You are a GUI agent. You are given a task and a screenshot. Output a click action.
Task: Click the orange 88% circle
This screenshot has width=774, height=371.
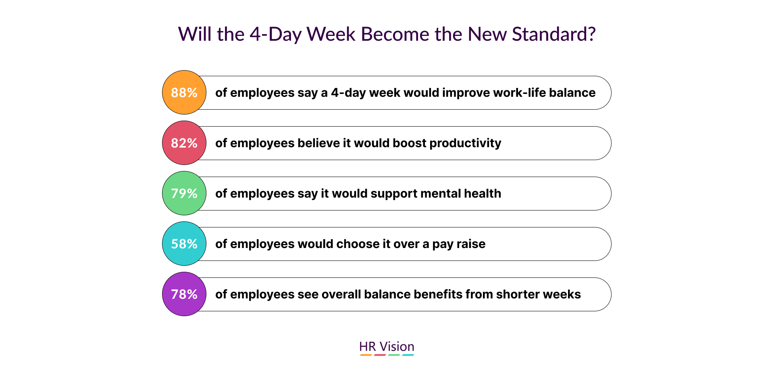coord(184,92)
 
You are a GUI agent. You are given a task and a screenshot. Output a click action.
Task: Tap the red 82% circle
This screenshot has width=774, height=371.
coord(184,143)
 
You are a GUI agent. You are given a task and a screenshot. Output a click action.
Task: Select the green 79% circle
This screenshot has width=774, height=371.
coord(184,193)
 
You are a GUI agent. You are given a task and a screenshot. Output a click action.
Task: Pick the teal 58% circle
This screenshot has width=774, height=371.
coord(184,244)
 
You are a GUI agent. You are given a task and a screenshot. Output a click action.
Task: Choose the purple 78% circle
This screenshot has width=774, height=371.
coord(184,294)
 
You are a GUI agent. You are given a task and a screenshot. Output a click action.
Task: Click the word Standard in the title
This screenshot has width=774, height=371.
coord(550,34)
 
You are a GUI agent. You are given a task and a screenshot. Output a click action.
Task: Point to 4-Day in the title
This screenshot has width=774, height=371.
coord(275,35)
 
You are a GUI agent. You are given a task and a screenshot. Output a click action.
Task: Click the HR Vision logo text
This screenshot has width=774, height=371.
coord(387,346)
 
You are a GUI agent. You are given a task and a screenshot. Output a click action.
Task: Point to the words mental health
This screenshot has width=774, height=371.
coord(461,194)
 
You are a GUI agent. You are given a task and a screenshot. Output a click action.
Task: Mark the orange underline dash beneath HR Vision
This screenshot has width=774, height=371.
coord(366,355)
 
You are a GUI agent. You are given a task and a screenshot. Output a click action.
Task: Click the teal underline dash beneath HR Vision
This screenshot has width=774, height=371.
coord(408,355)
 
